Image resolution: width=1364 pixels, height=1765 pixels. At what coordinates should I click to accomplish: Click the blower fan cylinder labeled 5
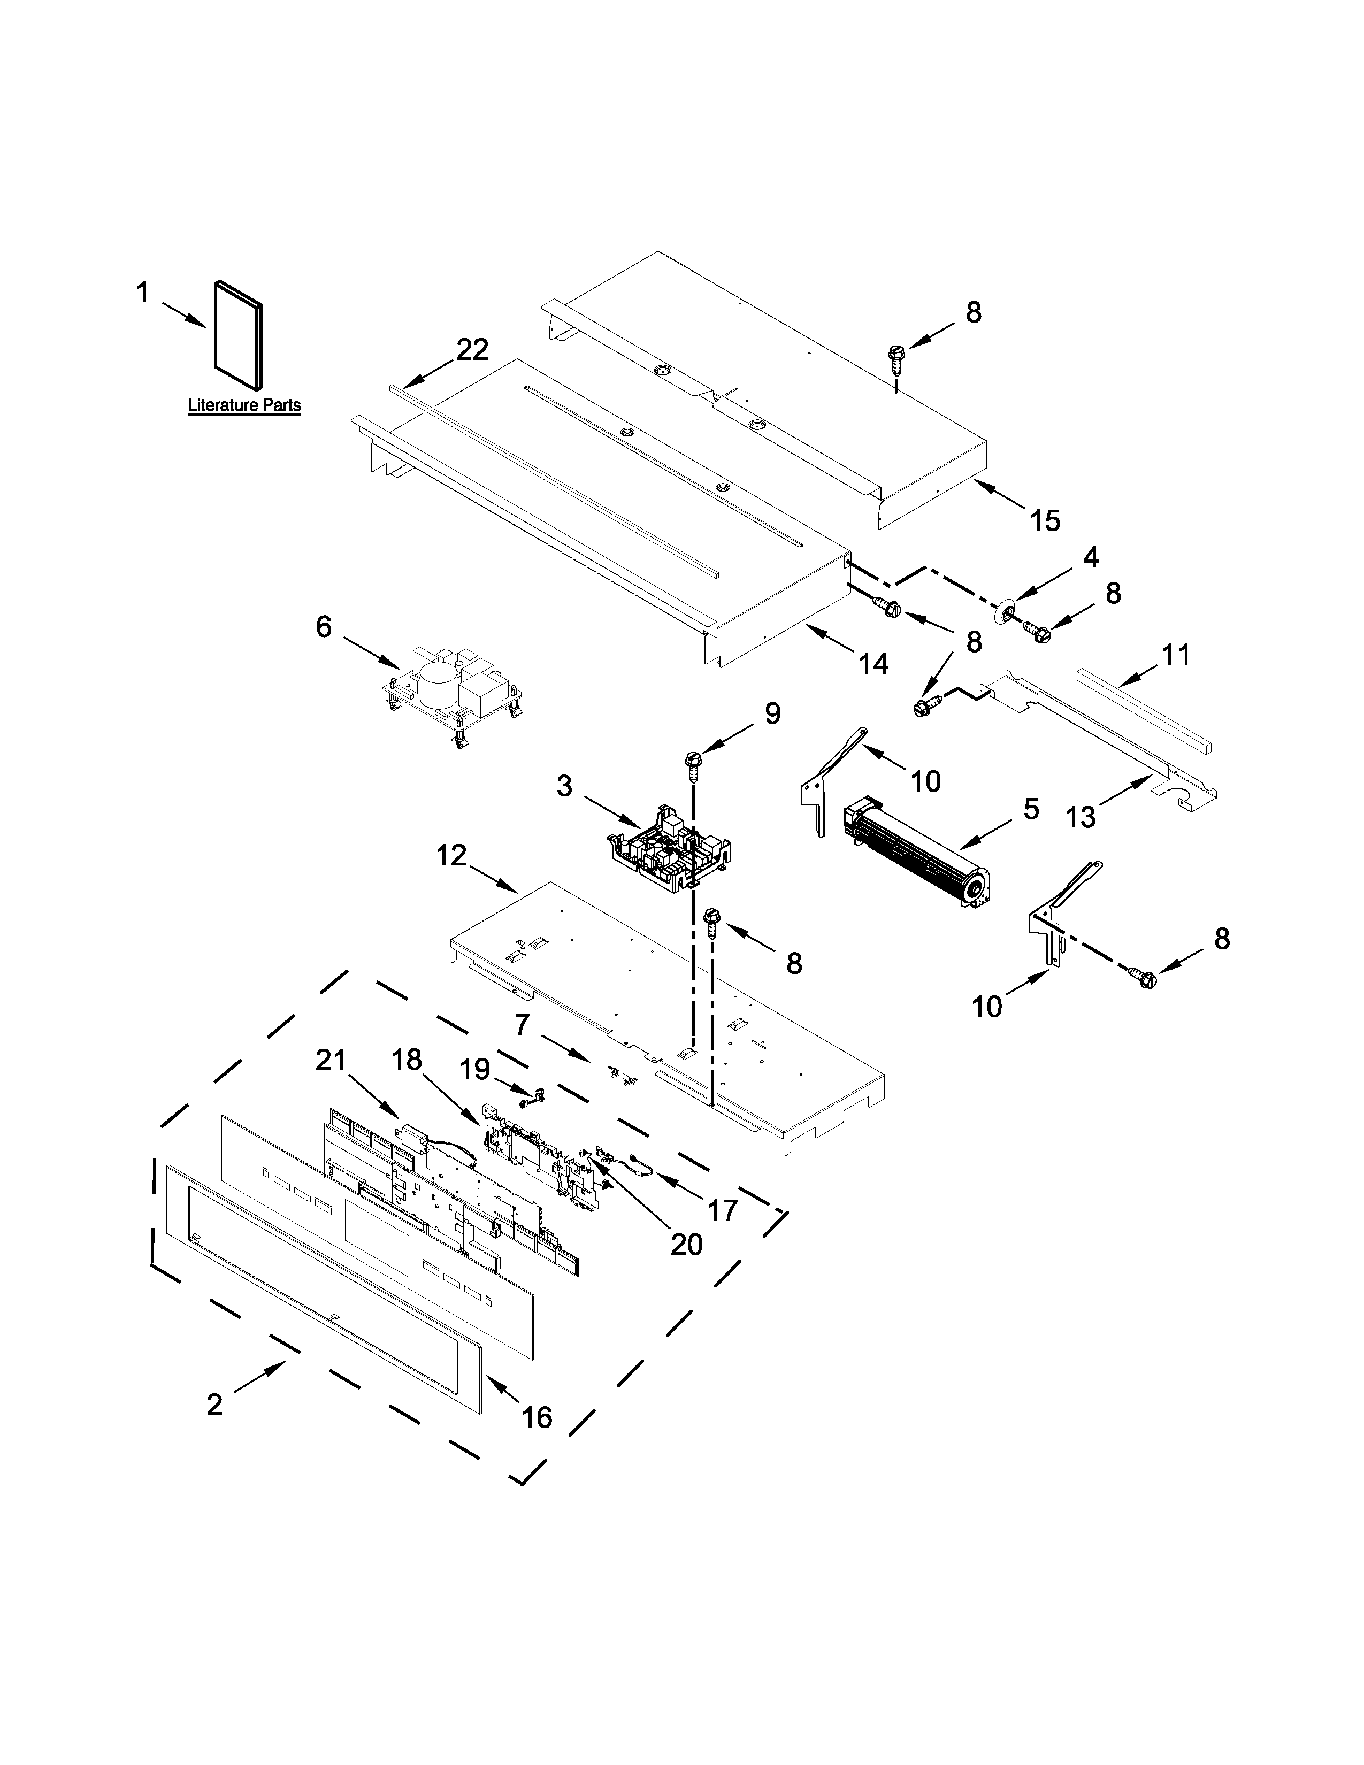(917, 857)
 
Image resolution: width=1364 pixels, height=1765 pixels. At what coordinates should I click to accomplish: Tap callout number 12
(451, 855)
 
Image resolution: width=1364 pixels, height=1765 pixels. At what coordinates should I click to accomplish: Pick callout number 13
(1081, 817)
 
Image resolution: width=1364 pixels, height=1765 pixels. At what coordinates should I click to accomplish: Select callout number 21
(331, 1060)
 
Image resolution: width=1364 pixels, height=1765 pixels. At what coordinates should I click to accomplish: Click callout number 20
(686, 1267)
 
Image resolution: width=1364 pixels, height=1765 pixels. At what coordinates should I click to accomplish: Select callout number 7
(522, 1025)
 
